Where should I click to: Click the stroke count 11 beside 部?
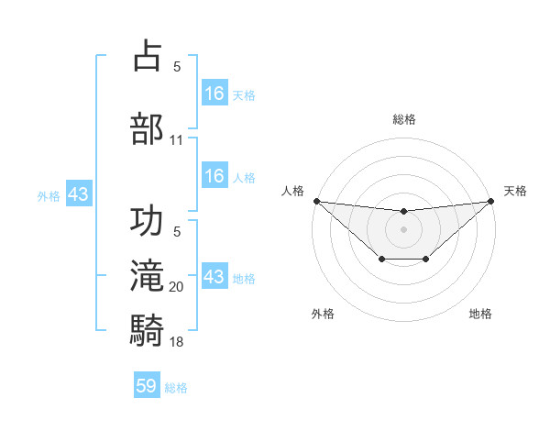[x=177, y=140]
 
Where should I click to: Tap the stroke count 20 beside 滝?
[x=177, y=288]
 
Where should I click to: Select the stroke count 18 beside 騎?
[x=177, y=341]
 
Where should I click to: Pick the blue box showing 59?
[x=147, y=386]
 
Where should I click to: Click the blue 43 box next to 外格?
[x=78, y=194]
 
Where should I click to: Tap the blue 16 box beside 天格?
[x=214, y=93]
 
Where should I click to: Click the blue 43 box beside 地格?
[x=214, y=276]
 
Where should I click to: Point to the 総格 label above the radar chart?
[x=403, y=119]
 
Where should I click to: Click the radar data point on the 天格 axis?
[x=491, y=201]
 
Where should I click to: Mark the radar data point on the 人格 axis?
[x=316, y=201]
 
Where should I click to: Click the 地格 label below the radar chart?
[x=480, y=314]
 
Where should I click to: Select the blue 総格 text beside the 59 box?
[x=176, y=388]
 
